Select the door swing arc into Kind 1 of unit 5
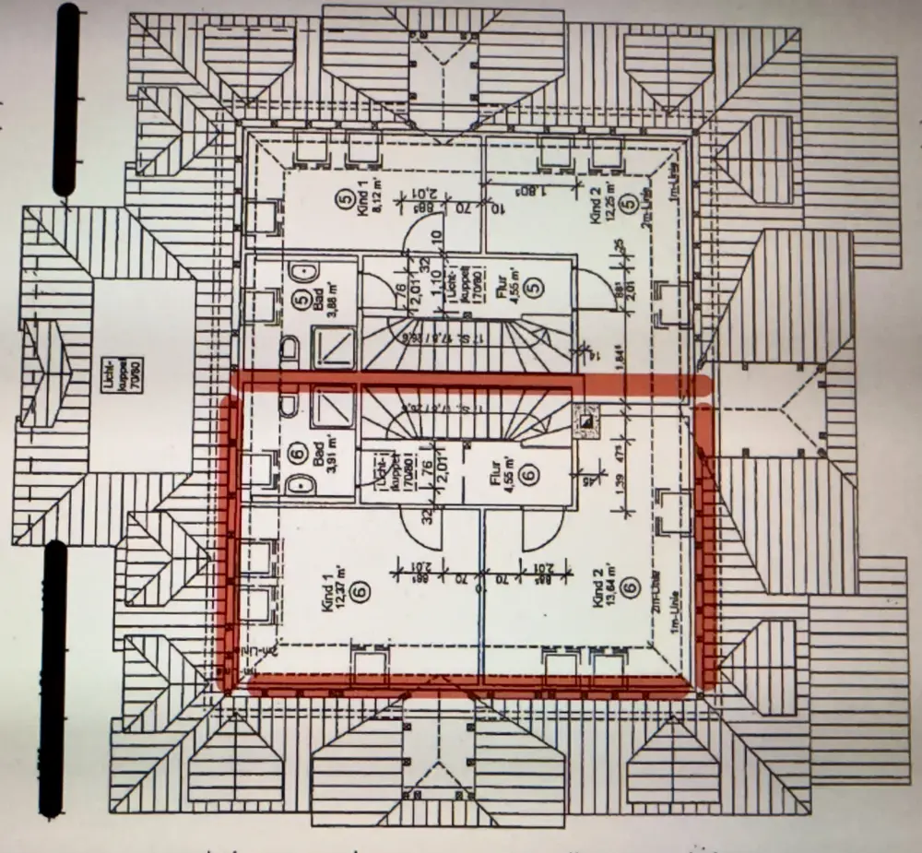tap(417, 243)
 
